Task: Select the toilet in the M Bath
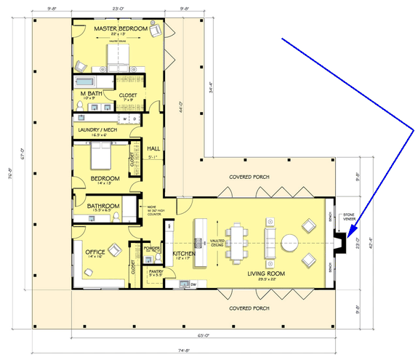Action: click(x=79, y=106)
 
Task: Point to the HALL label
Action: click(x=153, y=148)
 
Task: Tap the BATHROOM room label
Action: click(x=103, y=206)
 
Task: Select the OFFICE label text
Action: click(x=96, y=252)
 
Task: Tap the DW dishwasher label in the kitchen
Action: click(x=194, y=284)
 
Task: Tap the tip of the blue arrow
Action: click(x=348, y=236)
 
